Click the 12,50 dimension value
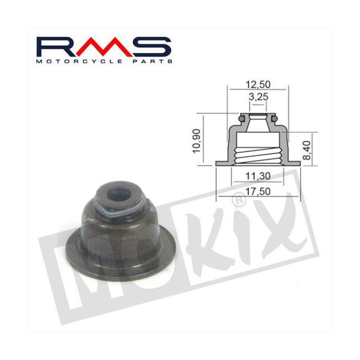tap(258, 85)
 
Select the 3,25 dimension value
tap(259, 97)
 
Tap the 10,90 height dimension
tap(197, 141)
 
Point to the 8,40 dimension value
tap(307, 150)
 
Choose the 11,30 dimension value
tap(258, 176)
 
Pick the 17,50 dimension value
tap(258, 191)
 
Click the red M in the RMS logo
tap(104, 47)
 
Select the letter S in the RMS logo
tap(152, 47)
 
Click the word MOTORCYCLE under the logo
tap(79, 62)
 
